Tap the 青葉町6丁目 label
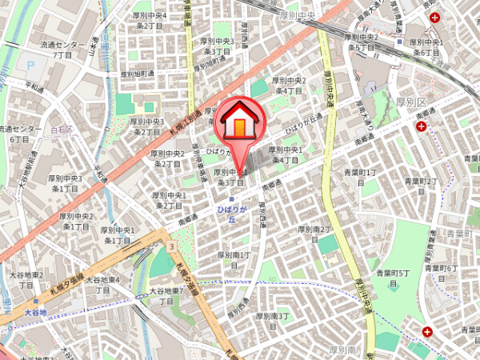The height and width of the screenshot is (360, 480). coord(442,272)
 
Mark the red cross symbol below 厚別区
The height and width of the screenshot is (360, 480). coord(421,129)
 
